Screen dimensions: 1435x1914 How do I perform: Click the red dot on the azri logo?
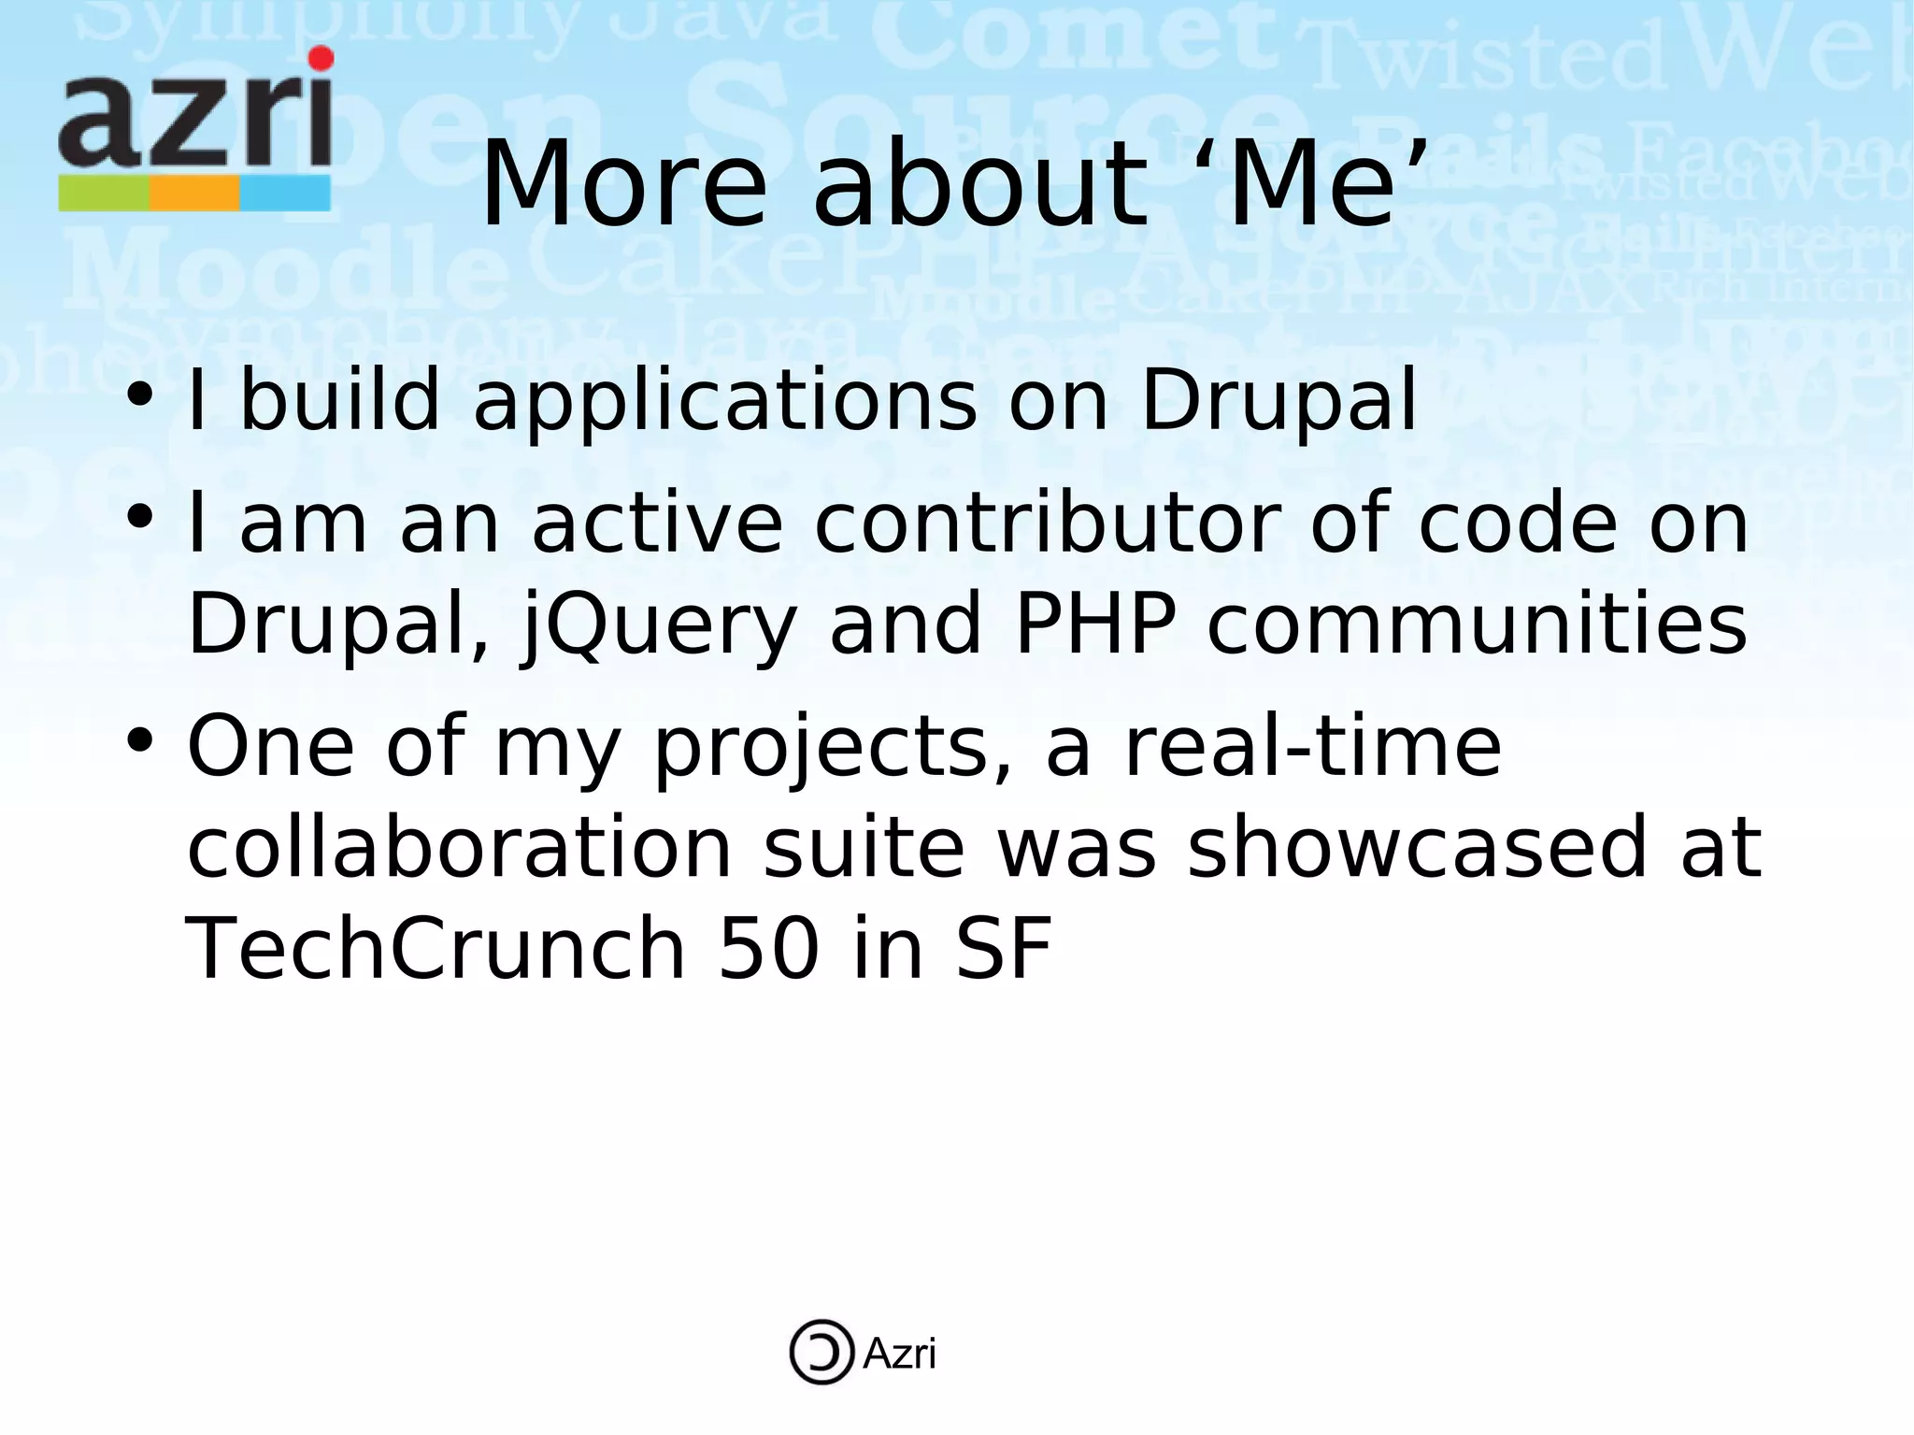pyautogui.click(x=321, y=59)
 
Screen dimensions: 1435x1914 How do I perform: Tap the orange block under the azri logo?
pyautogui.click(x=194, y=194)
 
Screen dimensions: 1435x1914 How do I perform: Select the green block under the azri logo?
pyautogui.click(x=104, y=194)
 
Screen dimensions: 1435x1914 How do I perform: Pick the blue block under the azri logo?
pyautogui.click(x=285, y=194)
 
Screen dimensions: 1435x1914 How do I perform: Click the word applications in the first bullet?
pyautogui.click(x=725, y=402)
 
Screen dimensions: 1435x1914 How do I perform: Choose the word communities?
pyautogui.click(x=1477, y=624)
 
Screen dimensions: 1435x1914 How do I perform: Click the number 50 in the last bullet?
pyautogui.click(x=769, y=950)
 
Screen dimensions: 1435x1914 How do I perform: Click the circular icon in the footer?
pyautogui.click(x=821, y=1352)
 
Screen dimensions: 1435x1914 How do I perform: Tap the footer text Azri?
pyautogui.click(x=898, y=1354)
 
